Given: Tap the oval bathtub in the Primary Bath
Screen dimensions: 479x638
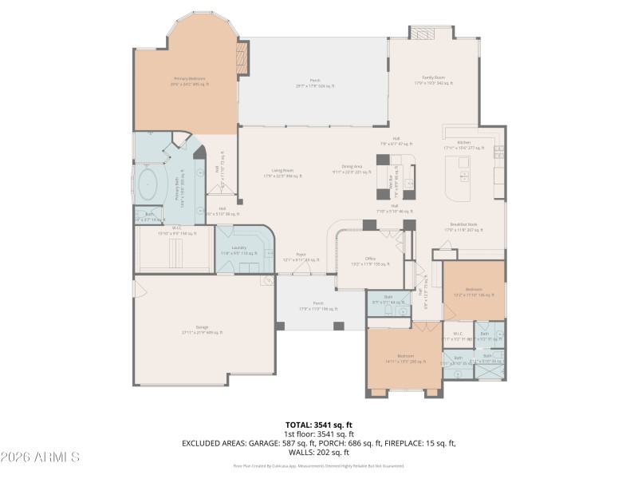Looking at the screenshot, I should pyautogui.click(x=149, y=184).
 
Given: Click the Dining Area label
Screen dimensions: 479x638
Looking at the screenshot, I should pyautogui.click(x=352, y=168).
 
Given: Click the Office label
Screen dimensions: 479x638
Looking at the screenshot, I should pyautogui.click(x=370, y=260).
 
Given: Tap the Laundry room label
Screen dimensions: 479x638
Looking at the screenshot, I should pyautogui.click(x=239, y=250).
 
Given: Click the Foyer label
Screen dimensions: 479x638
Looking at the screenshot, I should pyautogui.click(x=301, y=257).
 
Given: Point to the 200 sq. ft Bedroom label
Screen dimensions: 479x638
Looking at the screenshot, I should pyautogui.click(x=405, y=357).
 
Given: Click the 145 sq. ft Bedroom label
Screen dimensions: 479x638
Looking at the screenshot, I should pyautogui.click(x=475, y=291).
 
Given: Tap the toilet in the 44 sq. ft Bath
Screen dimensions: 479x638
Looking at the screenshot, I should pyautogui.click(x=376, y=303).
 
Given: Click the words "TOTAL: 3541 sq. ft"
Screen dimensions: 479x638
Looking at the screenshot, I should pyautogui.click(x=318, y=425).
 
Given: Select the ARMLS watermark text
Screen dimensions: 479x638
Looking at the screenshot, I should pyautogui.click(x=40, y=457).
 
